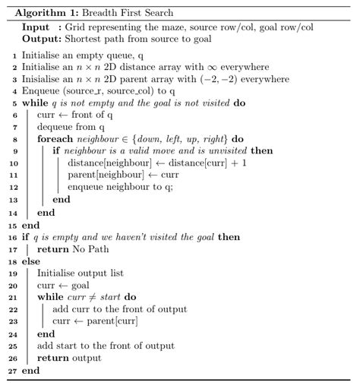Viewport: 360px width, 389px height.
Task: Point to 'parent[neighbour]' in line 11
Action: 102,176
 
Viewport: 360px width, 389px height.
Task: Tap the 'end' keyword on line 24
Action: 46,334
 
